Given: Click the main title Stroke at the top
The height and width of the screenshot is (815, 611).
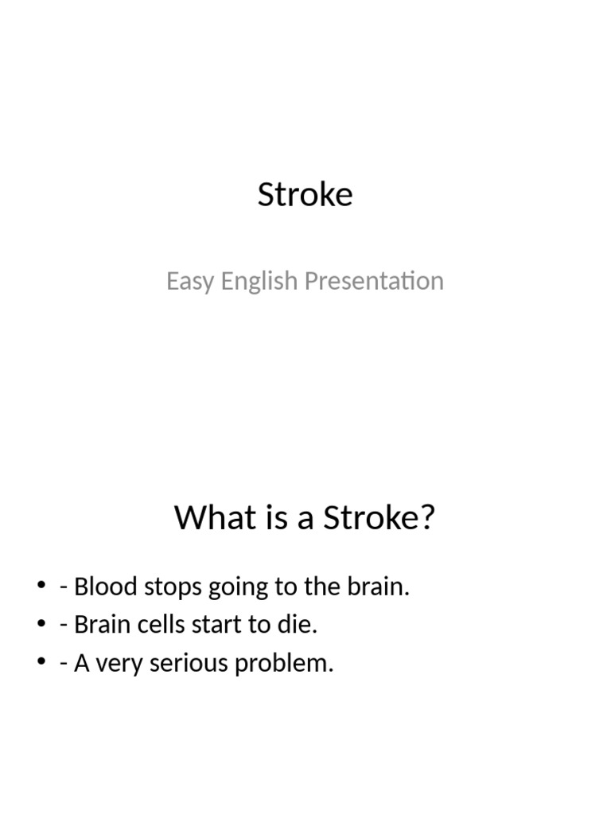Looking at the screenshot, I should coord(305,195).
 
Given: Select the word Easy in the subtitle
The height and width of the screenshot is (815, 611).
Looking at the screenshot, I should coord(189,282).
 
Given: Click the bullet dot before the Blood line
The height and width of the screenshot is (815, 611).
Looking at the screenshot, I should coord(42,587).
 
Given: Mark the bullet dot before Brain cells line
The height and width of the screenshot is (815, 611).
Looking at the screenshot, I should coord(42,626).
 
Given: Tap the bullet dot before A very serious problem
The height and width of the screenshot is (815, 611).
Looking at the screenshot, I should coord(42,664).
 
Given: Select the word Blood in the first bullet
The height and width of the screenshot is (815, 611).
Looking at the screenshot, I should coord(99,587).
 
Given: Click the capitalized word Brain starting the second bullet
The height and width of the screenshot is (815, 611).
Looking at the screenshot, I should coord(97,626).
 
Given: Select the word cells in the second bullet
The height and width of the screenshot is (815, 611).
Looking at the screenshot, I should coord(154,626).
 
